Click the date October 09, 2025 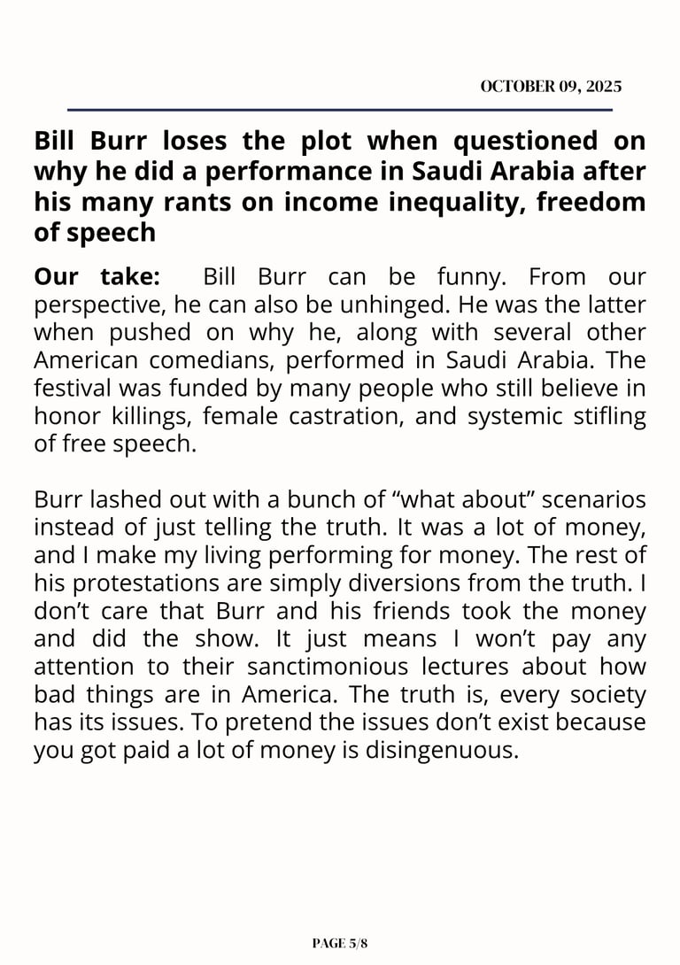551,87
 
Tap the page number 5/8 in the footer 340,944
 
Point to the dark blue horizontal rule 340,110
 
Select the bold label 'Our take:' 97,277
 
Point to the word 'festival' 67,389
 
